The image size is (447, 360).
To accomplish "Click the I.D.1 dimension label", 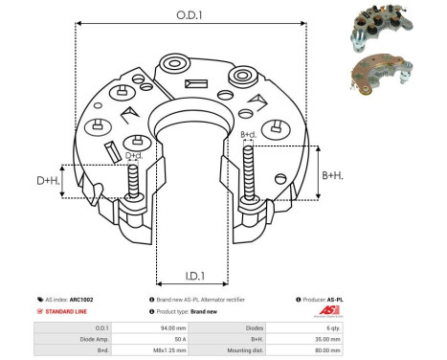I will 190,278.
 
